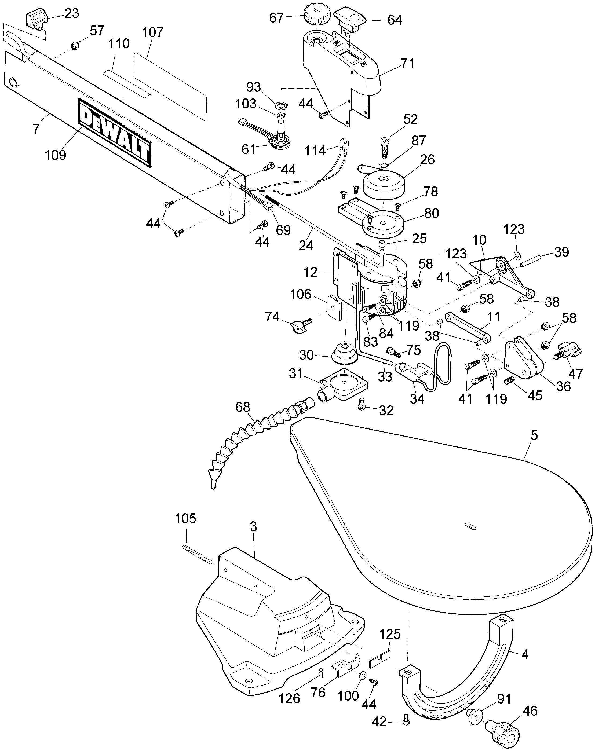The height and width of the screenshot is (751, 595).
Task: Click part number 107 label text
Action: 153,32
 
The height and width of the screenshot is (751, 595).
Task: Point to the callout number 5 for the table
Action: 534,435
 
